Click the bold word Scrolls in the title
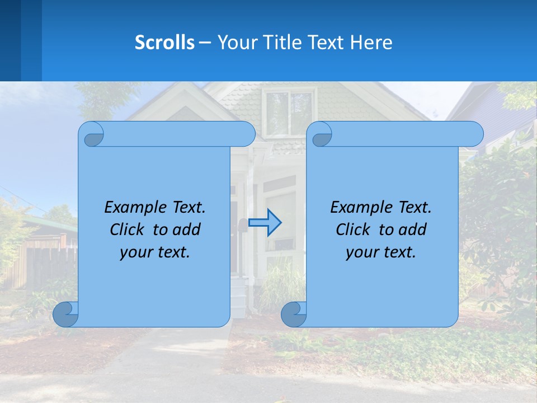click(x=165, y=42)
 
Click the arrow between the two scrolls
click(x=265, y=222)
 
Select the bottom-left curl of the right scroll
click(x=294, y=315)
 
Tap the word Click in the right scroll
click(x=353, y=229)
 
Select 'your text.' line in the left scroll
click(x=155, y=252)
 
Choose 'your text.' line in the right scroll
click(x=381, y=252)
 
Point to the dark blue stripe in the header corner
click(x=10, y=40)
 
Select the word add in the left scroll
click(x=187, y=229)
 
